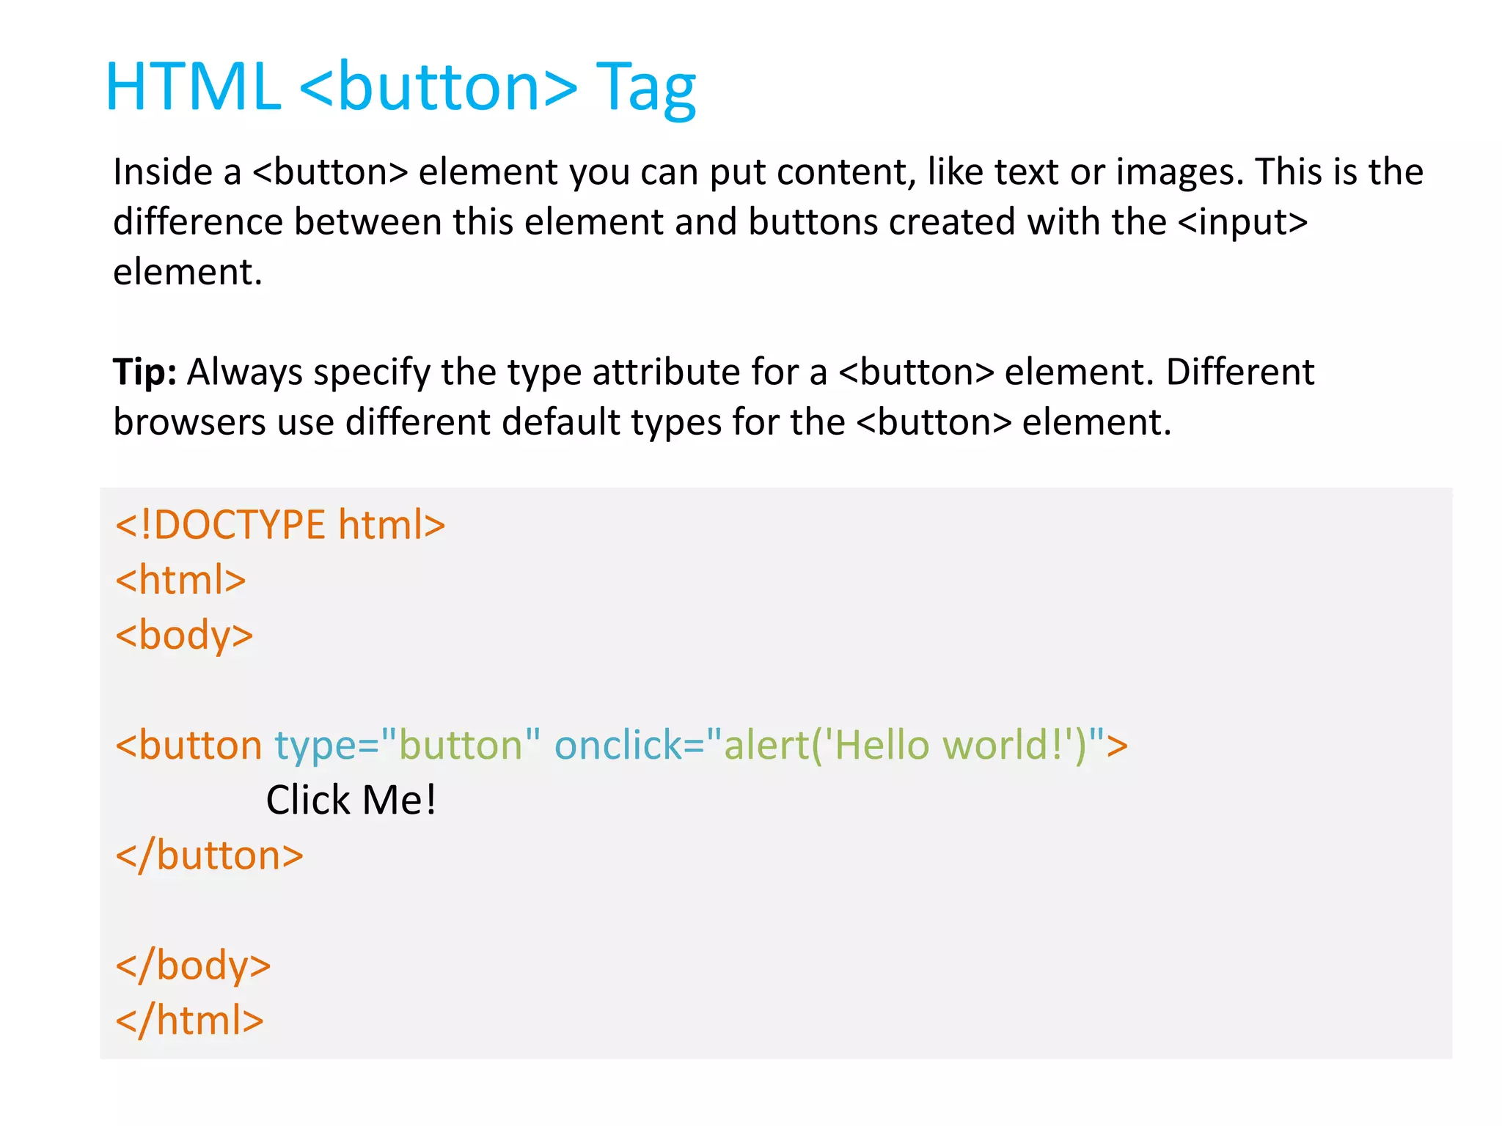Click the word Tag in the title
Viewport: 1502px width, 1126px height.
[645, 88]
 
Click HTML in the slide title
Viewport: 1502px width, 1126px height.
[193, 88]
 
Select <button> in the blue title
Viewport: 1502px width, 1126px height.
[439, 88]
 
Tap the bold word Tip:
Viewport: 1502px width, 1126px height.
[144, 372]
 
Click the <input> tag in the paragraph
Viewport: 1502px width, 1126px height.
[1242, 222]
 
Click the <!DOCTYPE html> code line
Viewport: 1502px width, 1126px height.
[280, 525]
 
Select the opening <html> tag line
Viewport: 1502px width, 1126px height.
[180, 580]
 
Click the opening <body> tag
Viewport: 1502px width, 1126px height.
[184, 635]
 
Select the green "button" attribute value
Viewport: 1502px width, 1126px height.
[461, 746]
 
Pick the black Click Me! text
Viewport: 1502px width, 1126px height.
[351, 800]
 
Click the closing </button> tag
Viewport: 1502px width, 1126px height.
[210, 855]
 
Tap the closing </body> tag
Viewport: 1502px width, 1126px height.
[193, 965]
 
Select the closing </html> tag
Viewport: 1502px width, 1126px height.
[189, 1020]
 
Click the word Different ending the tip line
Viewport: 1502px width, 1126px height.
[1239, 372]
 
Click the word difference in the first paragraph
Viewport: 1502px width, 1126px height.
[198, 222]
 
